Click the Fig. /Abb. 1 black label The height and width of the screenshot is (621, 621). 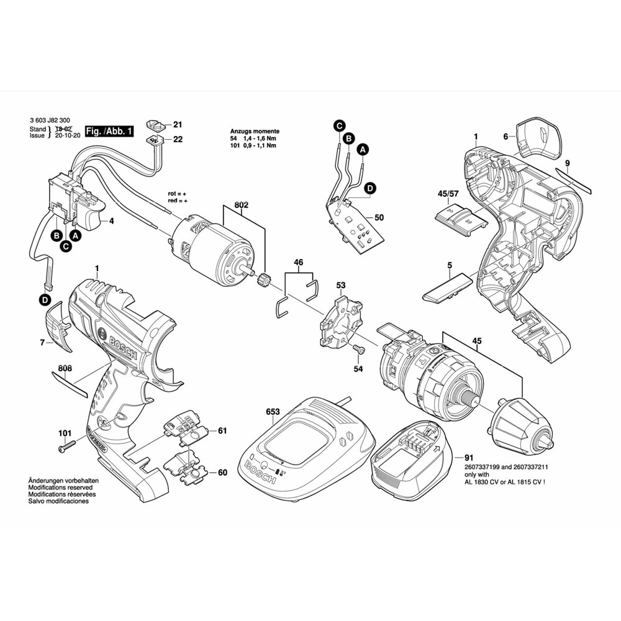(x=109, y=131)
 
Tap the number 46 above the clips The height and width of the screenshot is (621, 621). (x=299, y=263)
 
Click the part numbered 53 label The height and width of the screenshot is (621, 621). (x=340, y=286)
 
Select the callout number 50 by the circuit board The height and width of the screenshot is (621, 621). (x=397, y=217)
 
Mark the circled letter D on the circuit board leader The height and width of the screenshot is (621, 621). (x=369, y=187)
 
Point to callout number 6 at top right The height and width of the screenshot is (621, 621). (x=506, y=137)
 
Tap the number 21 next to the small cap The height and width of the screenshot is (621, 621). (x=178, y=124)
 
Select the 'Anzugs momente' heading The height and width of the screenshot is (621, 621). (x=255, y=132)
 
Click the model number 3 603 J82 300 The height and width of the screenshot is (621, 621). (x=49, y=122)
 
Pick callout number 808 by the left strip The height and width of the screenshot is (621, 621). (x=65, y=368)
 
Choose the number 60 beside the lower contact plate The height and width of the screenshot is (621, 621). (x=222, y=473)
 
